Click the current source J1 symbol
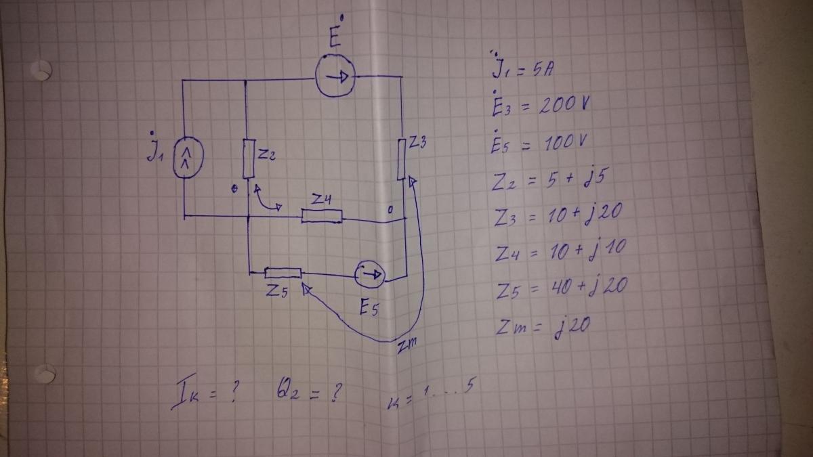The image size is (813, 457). (188, 157)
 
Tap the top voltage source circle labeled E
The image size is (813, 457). (335, 76)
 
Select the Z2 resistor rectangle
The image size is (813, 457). (249, 159)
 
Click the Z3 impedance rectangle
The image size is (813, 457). (401, 159)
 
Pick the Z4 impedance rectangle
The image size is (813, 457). (322, 216)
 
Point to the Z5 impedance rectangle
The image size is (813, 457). (283, 273)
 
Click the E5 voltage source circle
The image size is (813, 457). (370, 275)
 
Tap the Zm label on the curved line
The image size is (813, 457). (406, 345)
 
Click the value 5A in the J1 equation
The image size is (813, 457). (543, 70)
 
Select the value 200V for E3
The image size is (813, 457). (564, 105)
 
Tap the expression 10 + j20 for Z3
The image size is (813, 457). (585, 214)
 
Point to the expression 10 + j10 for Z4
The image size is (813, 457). (587, 250)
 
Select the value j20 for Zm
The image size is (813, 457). (572, 326)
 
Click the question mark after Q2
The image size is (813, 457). (336, 393)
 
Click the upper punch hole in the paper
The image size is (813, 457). (41, 70)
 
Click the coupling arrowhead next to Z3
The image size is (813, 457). (413, 181)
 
